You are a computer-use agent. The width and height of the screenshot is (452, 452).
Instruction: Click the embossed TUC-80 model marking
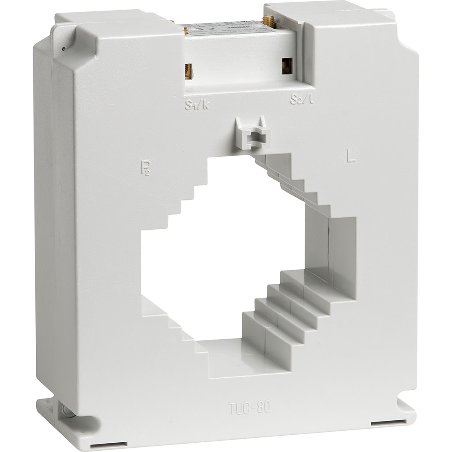[250, 408]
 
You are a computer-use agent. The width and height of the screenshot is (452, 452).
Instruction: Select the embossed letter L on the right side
[351, 157]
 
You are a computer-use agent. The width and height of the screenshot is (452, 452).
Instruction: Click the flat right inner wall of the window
[342, 247]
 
